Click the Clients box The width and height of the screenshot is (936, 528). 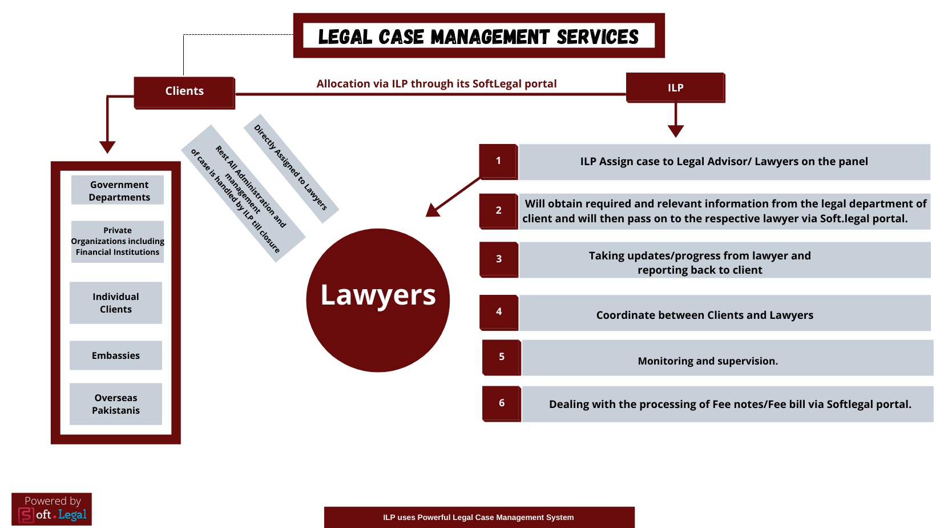pos(184,91)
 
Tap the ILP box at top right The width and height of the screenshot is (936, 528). pos(675,87)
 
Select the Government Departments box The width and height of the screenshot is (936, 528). pos(118,190)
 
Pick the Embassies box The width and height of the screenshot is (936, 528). pos(116,355)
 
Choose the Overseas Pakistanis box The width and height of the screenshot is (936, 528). pos(116,404)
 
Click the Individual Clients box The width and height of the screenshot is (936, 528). pos(116,303)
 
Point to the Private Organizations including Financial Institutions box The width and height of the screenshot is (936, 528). pos(118,241)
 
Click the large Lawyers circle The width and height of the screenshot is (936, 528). pos(378,300)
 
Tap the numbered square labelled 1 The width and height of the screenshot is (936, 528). pos(498,161)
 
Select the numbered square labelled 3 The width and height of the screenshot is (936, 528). pos(499,259)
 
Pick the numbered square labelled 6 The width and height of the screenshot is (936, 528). pos(502,403)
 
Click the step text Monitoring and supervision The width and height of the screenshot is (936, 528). pos(708,361)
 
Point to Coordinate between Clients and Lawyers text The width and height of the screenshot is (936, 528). pos(705,315)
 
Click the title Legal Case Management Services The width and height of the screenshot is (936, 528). pos(478,37)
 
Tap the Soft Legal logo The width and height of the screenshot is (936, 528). pos(52,509)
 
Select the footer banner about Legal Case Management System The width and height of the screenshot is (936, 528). pos(479,517)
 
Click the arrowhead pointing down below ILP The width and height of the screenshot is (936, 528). pos(676,131)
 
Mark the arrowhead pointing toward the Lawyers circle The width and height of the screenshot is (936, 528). pos(432,210)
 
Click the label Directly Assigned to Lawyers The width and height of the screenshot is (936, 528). pos(291,167)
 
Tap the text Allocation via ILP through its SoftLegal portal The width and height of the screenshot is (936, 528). pos(437,83)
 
